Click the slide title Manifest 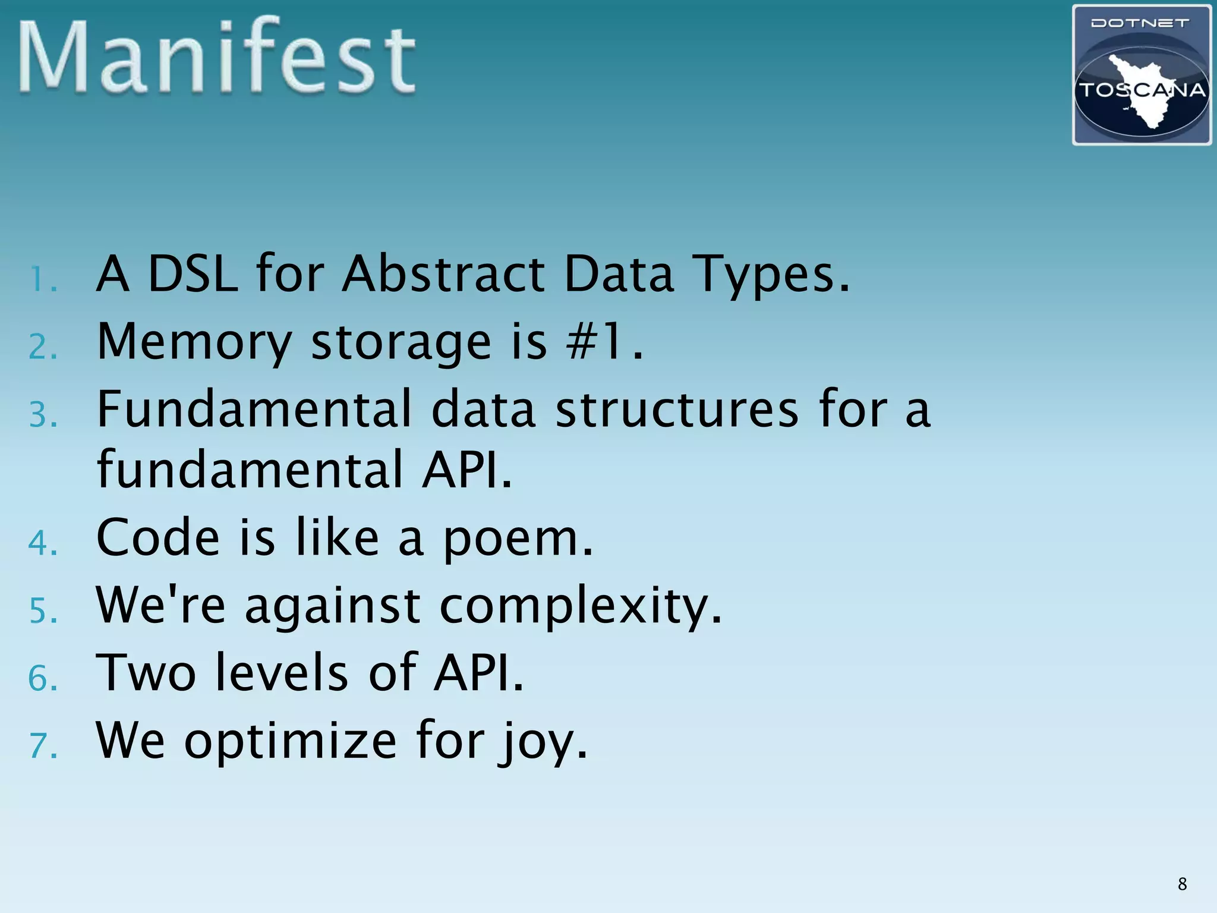[217, 56]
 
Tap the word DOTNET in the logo [1140, 23]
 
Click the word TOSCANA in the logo [1142, 90]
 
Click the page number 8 [1182, 884]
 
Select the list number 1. [42, 279]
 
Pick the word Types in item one [773, 275]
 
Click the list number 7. [42, 746]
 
